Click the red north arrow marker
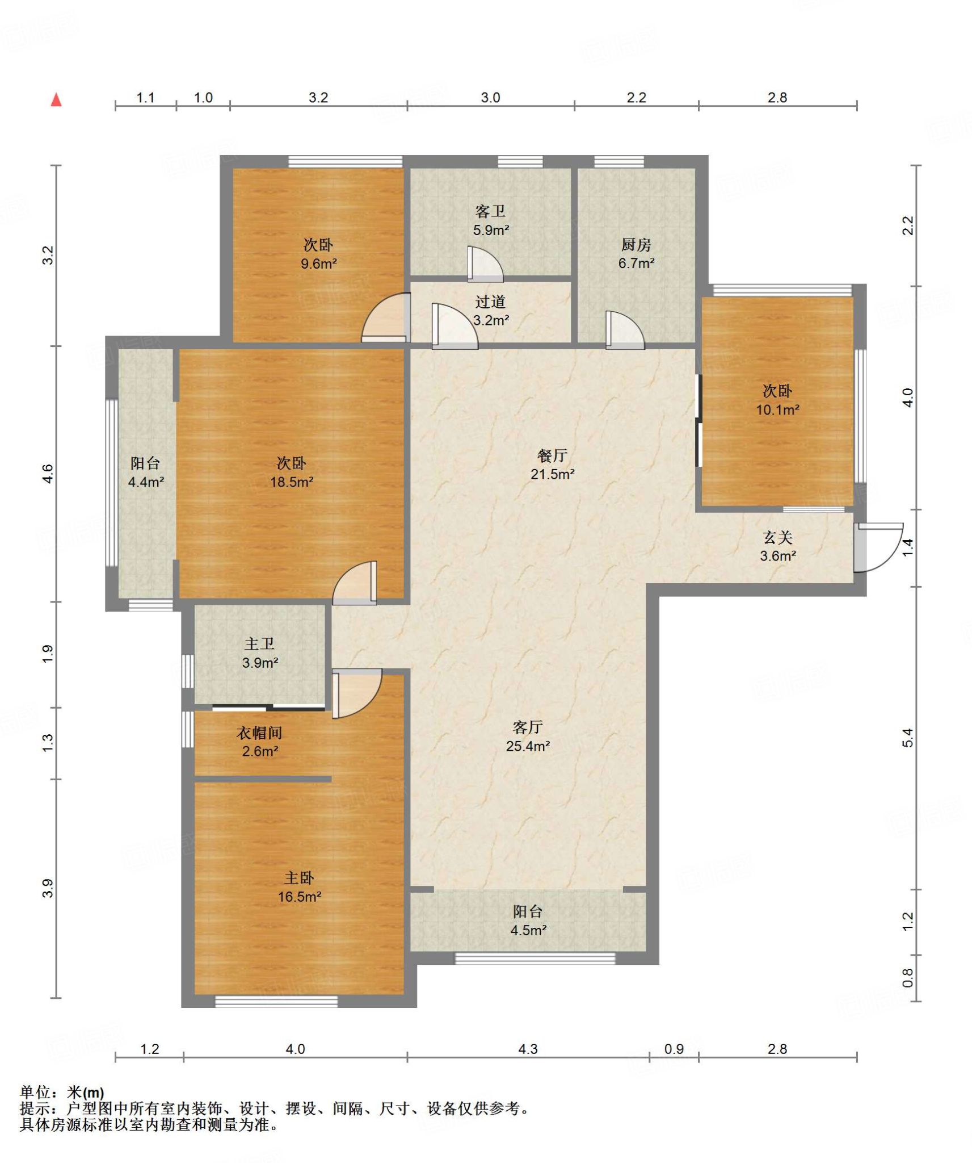56,100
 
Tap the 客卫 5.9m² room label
491,220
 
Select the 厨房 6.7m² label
636,253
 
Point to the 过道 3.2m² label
491,311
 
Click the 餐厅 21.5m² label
552,465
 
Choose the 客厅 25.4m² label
528,737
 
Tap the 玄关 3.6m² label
777,546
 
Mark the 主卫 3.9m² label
260,653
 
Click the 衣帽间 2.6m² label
259,742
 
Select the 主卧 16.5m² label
299,887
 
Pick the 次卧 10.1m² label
777,400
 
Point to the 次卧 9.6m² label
318,254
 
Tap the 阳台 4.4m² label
146,472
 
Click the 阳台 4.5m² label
528,921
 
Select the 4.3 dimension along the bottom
528,1049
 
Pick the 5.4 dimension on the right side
907,737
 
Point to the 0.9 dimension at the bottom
674,1049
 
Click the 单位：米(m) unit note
62,1092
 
